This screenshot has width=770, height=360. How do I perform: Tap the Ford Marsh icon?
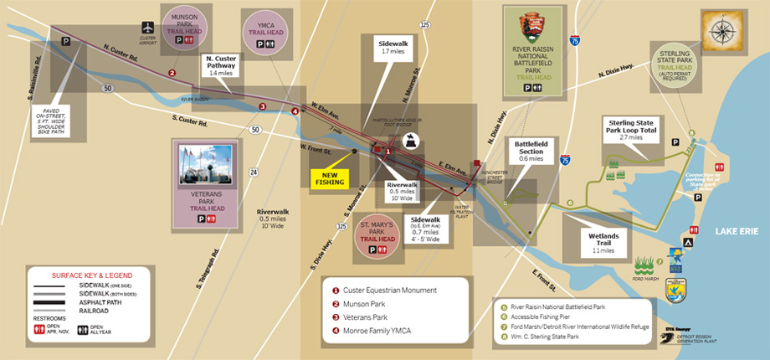pyautogui.click(x=644, y=267)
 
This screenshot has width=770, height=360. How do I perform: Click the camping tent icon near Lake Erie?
pyautogui.click(x=687, y=242)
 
